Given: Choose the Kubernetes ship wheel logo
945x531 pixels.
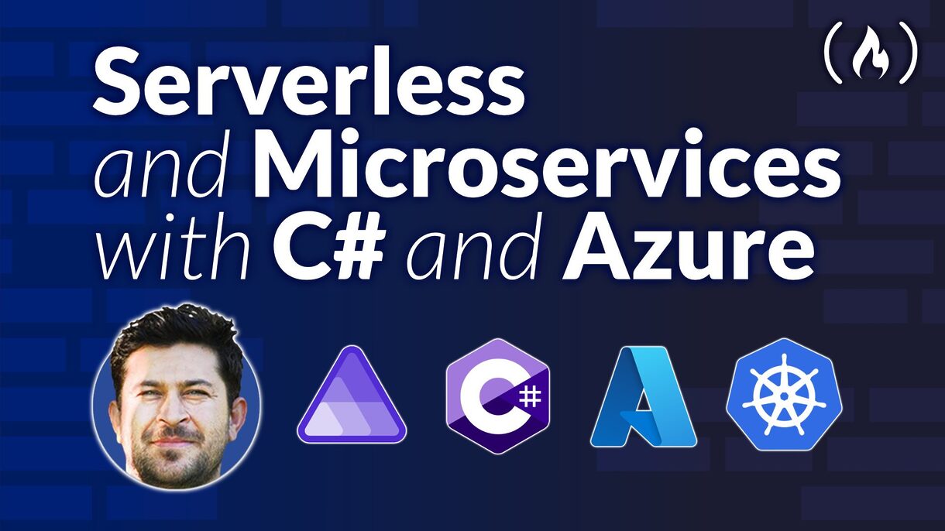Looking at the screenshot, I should pyautogui.click(x=783, y=396).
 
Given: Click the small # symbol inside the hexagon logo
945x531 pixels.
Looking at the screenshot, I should pyautogui.click(x=530, y=397).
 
